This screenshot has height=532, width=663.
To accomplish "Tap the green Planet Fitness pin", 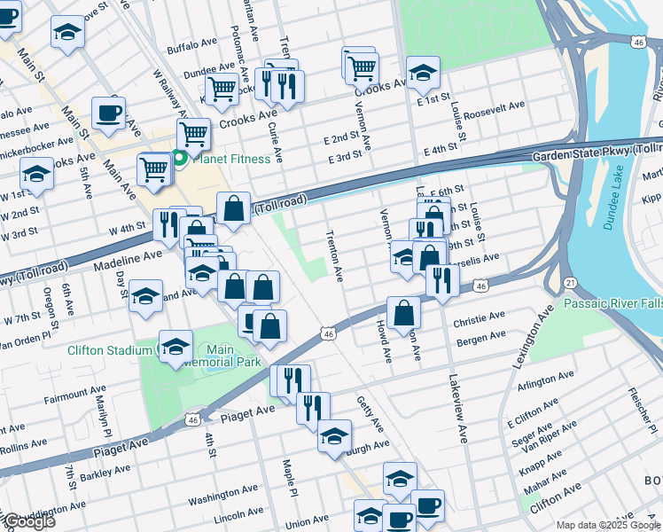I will pos(180,159).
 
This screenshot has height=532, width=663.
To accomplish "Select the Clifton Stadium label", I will pos(110,350).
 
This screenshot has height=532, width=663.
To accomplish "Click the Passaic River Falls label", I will pos(612,303).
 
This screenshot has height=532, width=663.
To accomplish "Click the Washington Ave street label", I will pos(226,497).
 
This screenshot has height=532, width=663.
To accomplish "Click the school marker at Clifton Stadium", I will pos(175,347).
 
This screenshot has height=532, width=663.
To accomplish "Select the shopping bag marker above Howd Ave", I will pos(403,312).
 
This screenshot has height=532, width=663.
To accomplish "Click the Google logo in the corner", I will pos(28,522).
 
